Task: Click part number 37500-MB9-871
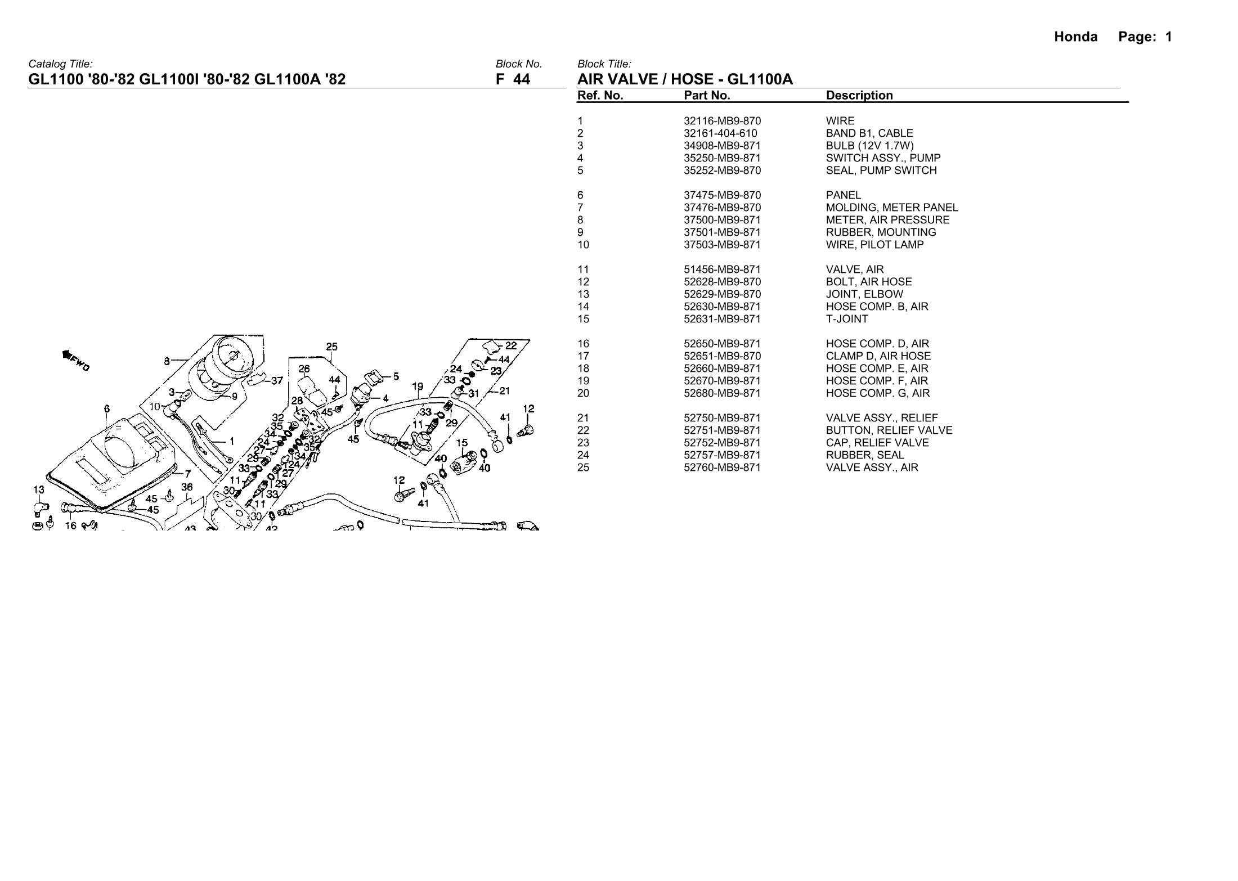coord(722,220)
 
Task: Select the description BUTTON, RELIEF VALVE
coord(889,430)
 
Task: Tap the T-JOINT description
coord(847,319)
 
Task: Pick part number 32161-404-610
coord(720,133)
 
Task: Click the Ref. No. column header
coord(600,96)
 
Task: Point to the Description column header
coord(859,96)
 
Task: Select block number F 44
coord(513,79)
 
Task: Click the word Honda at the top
coord(1075,37)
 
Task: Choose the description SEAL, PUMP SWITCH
coord(881,170)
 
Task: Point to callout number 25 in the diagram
coord(332,347)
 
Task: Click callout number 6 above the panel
coord(107,409)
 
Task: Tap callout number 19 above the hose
coord(418,387)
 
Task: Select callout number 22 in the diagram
coord(510,346)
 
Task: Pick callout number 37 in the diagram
coord(277,381)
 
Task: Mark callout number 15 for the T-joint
coord(461,443)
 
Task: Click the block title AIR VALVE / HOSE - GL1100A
coord(685,79)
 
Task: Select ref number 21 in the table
coord(583,418)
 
